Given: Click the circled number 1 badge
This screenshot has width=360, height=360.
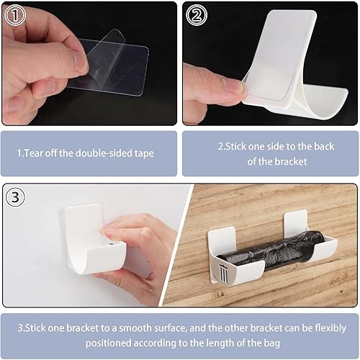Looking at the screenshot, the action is pos(15,15).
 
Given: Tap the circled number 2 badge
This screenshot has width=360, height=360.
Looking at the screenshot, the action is pos(197,15).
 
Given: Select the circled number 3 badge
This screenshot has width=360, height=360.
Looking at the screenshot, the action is pos(15,197).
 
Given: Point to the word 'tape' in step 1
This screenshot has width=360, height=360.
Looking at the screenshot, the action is pos(144,153).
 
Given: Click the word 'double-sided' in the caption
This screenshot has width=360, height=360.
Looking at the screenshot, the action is pos(103,153).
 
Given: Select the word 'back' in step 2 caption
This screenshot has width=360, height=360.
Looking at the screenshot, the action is pos(323,146).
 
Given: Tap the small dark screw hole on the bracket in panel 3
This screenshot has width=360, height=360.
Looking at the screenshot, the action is pos(112,243).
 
